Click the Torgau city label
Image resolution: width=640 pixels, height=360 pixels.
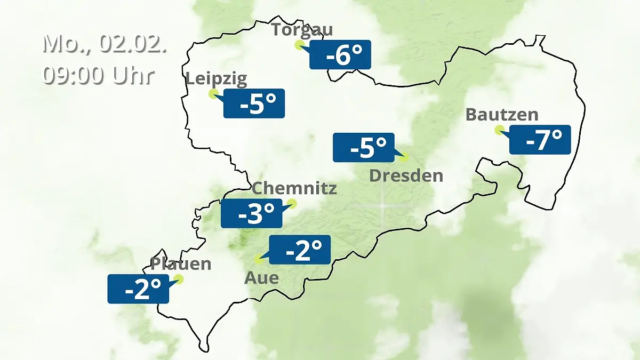(302, 29)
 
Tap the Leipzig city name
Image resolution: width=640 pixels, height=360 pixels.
(216, 79)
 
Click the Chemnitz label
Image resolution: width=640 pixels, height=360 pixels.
(294, 188)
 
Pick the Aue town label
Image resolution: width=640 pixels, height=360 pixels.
(261, 277)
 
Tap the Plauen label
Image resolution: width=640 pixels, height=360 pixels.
(181, 263)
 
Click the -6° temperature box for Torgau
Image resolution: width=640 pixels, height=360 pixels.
(340, 55)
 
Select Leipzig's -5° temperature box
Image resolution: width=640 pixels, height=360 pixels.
(254, 103)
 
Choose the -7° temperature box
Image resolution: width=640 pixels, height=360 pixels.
(540, 140)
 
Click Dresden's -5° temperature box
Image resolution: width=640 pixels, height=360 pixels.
(364, 147)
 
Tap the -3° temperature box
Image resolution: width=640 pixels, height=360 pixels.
(252, 213)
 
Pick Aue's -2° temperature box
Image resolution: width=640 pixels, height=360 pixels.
(300, 250)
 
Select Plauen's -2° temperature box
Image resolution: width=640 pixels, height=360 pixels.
(138, 289)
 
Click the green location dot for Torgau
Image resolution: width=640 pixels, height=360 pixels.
(299, 45)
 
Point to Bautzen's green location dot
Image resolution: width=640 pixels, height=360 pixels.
(499, 129)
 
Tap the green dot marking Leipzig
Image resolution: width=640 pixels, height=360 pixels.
(213, 94)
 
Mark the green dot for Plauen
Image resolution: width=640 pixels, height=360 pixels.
(179, 279)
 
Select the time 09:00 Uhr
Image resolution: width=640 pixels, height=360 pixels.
(99, 75)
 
